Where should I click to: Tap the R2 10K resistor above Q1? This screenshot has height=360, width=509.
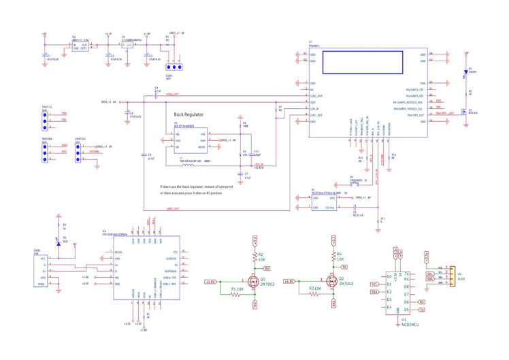pos(255,259)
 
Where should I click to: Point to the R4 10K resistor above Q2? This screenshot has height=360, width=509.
pos(334,259)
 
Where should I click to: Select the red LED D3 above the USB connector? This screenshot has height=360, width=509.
pos(58,239)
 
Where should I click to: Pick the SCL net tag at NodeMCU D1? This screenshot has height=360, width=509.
pos(374,284)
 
